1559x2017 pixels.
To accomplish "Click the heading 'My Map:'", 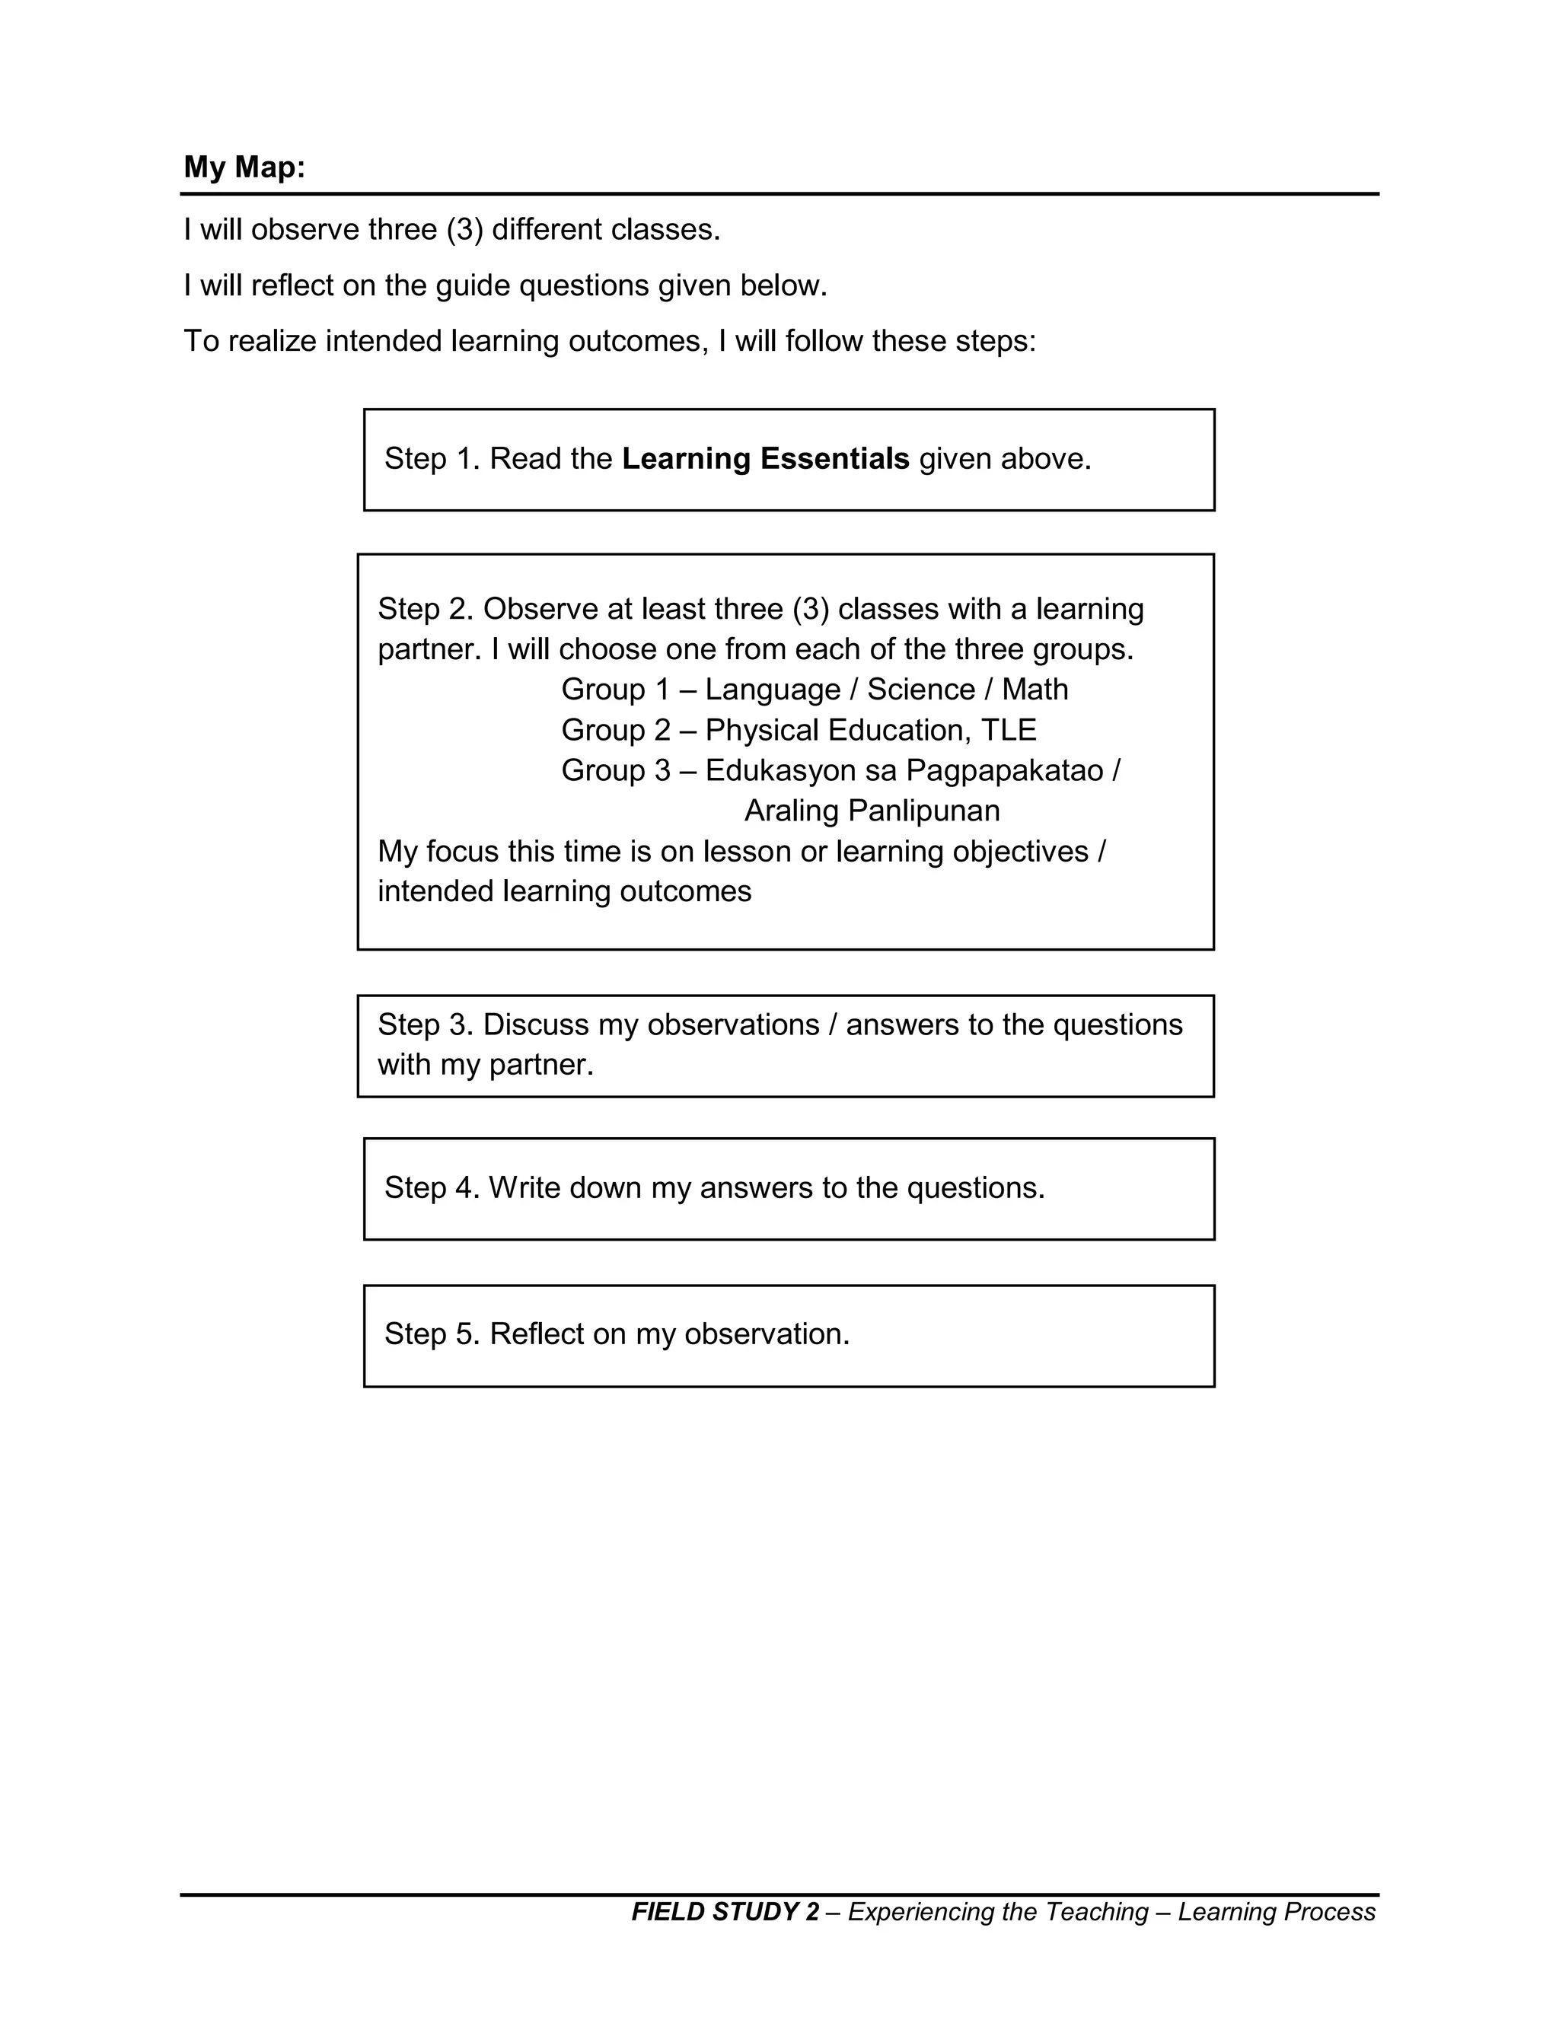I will point(244,167).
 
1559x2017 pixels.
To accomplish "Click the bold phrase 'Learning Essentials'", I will point(765,458).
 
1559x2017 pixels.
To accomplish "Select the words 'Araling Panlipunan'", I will point(872,810).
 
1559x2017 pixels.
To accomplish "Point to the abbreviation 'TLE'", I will point(1009,730).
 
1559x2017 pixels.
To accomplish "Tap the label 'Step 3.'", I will point(425,1024).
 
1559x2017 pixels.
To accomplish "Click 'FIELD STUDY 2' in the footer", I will point(724,1912).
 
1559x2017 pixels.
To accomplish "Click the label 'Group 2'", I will point(615,730).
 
